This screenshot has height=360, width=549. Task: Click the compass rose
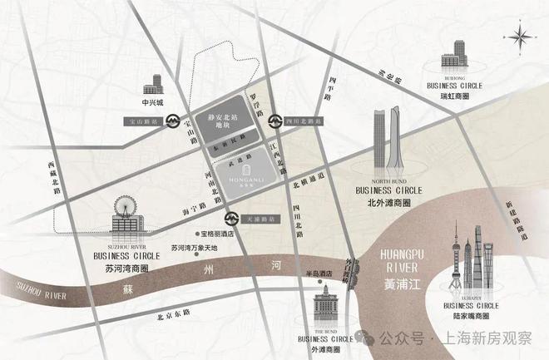tap(521, 36)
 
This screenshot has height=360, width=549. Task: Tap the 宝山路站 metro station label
tap(143, 121)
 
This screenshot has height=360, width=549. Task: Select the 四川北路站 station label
tap(305, 121)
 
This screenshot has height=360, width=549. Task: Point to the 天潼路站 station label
tap(262, 219)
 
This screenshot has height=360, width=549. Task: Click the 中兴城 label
tap(154, 104)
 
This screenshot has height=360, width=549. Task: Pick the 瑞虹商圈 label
tap(455, 96)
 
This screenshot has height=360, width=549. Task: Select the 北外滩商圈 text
tap(388, 200)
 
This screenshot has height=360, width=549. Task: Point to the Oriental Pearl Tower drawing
tap(456, 265)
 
